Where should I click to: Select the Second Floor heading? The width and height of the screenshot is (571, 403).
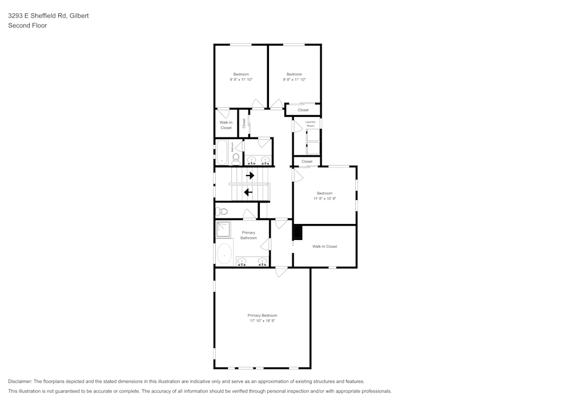click(27, 26)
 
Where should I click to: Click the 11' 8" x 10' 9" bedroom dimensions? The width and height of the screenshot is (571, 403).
click(324, 199)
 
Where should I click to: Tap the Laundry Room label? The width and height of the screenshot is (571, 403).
click(310, 124)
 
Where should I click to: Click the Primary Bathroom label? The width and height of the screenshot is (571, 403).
click(248, 235)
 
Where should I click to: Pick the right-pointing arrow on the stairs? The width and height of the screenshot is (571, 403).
click(250, 176)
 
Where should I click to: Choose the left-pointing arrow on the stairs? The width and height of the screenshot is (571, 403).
click(248, 192)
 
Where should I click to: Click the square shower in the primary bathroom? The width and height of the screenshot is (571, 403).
click(223, 230)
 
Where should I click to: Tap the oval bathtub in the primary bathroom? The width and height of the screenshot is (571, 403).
click(225, 254)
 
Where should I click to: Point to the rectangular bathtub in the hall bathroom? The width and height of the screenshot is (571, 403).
click(222, 153)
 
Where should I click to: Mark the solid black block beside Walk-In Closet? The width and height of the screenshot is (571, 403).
click(297, 233)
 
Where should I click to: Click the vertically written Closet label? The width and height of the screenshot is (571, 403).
click(244, 123)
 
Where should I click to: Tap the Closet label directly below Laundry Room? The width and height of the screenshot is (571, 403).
click(307, 161)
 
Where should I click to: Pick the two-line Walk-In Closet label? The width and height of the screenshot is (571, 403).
click(226, 125)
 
